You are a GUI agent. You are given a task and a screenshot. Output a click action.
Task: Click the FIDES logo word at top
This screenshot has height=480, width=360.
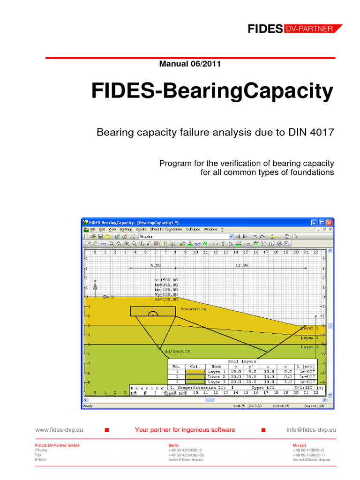(265, 29)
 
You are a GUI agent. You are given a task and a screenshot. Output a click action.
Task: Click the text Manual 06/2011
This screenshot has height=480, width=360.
(190, 64)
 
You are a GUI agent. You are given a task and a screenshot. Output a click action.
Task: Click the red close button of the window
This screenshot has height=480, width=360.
(330, 222)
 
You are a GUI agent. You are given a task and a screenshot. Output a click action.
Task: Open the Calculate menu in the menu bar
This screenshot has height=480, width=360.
(193, 230)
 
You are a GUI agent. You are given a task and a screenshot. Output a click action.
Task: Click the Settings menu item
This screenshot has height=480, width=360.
(126, 230)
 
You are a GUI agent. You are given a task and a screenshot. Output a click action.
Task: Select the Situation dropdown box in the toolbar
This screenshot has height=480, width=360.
(186, 237)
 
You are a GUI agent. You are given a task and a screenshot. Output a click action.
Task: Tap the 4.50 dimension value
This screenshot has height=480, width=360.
(155, 265)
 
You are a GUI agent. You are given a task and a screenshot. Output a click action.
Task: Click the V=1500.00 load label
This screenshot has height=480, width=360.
(166, 280)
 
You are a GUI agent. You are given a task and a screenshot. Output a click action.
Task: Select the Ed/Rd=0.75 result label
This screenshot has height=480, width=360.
(178, 351)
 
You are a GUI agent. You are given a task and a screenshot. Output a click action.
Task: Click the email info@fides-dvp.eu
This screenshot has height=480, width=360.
(311, 429)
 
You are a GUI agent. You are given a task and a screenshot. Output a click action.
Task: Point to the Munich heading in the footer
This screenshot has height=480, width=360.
(299, 445)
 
